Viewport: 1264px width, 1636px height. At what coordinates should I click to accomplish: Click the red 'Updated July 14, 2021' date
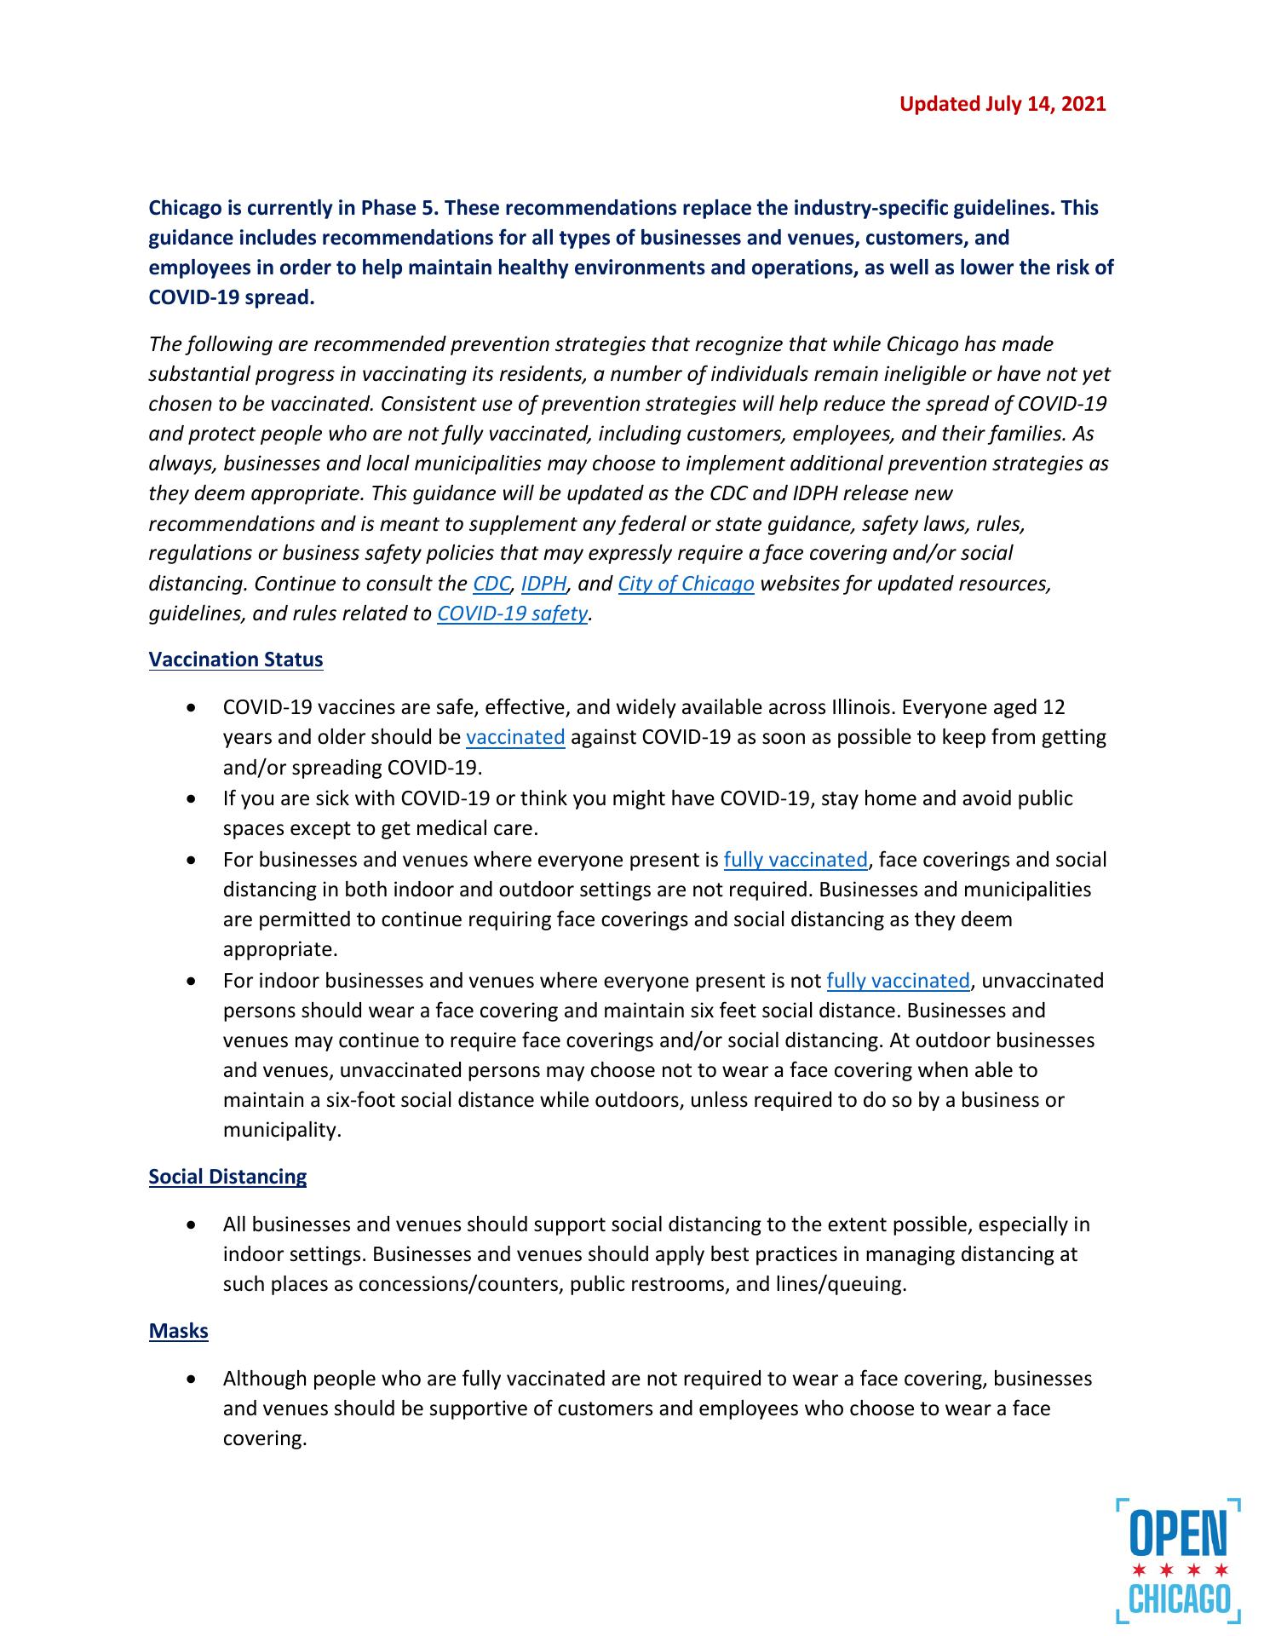pyautogui.click(x=1003, y=104)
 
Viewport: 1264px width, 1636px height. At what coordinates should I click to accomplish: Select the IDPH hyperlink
pyautogui.click(x=543, y=584)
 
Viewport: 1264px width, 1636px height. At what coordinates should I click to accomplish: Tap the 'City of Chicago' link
pyautogui.click(x=686, y=584)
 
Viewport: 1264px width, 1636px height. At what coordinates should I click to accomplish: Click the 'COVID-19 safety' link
pyautogui.click(x=512, y=613)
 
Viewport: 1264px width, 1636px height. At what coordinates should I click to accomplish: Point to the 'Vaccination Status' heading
pyautogui.click(x=236, y=660)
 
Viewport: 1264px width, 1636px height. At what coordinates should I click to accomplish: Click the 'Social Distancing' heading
pyautogui.click(x=227, y=1177)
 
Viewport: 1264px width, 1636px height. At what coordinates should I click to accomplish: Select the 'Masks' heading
pyautogui.click(x=178, y=1331)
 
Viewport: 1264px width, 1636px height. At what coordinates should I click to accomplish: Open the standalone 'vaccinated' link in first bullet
pyautogui.click(x=515, y=737)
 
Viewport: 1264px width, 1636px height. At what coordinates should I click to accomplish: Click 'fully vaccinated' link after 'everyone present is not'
pyautogui.click(x=898, y=981)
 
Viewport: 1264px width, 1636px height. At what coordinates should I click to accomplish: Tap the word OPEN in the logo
pyautogui.click(x=1178, y=1533)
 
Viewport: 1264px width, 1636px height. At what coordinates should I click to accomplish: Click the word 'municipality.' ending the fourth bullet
pyautogui.click(x=282, y=1130)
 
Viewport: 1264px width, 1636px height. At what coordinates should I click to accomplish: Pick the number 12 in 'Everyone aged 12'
pyautogui.click(x=1054, y=707)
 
